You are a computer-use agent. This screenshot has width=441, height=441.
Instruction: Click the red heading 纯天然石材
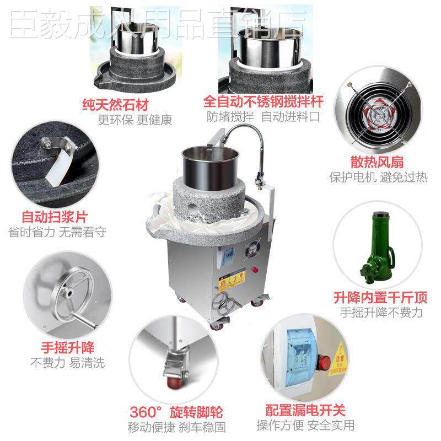pos(123,104)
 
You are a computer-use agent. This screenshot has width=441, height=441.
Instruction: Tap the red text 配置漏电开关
pos(305,410)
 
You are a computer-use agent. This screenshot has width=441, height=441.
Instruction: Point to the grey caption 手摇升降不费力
pos(381,313)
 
